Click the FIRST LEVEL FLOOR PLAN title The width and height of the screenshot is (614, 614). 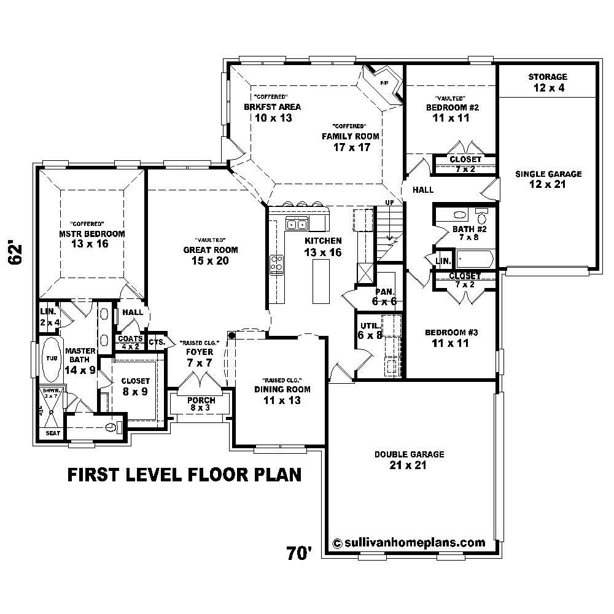point(184,475)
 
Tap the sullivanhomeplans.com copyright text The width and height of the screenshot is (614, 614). point(408,543)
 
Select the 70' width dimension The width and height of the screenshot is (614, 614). point(300,553)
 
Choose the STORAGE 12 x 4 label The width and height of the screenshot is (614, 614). point(548,82)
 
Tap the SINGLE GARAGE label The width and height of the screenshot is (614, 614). point(548,179)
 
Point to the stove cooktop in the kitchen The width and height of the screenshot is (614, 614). point(277,265)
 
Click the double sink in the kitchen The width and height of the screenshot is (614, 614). point(297,224)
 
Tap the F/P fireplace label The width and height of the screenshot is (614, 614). point(384,82)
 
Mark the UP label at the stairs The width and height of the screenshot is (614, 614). point(389,203)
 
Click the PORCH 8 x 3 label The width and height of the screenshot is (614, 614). point(201,404)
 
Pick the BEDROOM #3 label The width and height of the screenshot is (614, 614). point(451,338)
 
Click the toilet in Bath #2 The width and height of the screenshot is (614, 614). point(482,217)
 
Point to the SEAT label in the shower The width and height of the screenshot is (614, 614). point(50,434)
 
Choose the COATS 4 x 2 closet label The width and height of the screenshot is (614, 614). point(130,342)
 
